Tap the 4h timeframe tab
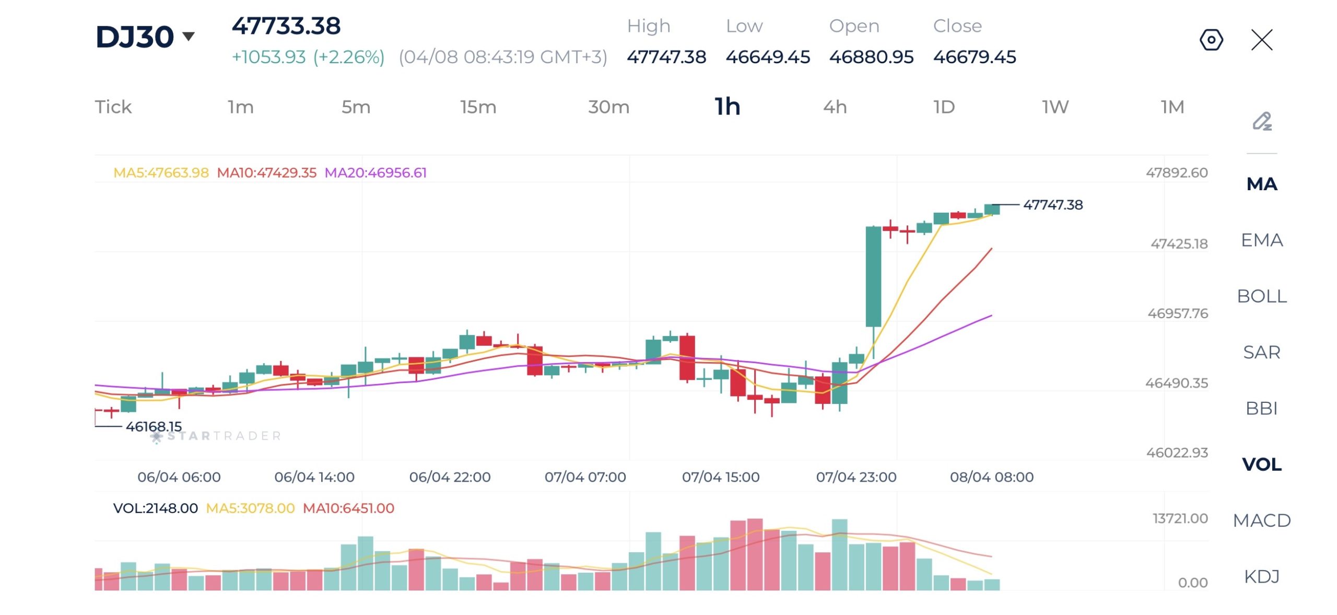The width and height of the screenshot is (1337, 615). (835, 107)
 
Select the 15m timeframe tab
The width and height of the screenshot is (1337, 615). (478, 107)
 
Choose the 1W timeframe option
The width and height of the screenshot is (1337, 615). (1055, 107)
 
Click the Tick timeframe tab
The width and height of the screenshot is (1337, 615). (113, 107)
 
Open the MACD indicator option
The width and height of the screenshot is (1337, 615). (1261, 520)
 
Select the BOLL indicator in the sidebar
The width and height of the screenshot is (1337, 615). (1261, 296)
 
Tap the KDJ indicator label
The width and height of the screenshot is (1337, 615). (1261, 576)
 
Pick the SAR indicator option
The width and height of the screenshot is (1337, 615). (1261, 352)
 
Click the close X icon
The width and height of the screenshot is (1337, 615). (1262, 40)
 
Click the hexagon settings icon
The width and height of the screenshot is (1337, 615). (1211, 40)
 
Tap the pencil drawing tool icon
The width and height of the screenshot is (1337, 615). (1262, 121)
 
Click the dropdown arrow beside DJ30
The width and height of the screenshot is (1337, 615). (189, 36)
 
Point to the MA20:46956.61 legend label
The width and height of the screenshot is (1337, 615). (376, 172)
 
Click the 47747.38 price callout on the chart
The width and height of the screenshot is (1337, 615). (1053, 205)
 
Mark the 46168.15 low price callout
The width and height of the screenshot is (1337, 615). (154, 426)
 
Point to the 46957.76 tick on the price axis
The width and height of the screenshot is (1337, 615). (1177, 314)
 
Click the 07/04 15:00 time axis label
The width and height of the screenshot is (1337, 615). (721, 477)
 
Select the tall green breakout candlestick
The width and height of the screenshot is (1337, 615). (873, 277)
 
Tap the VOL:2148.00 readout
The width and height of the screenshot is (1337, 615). (156, 508)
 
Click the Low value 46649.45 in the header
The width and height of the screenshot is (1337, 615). (768, 57)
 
